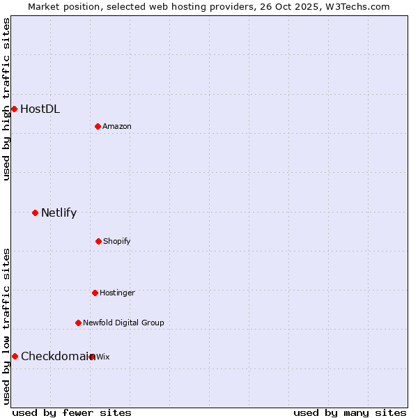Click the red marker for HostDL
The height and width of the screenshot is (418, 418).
tap(14, 109)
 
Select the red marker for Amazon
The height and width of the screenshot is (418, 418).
tap(98, 126)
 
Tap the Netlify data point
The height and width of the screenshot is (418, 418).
tap(35, 212)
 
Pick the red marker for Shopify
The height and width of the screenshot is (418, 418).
tap(98, 241)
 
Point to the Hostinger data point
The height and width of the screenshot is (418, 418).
tap(95, 293)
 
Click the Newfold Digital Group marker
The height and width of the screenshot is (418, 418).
tap(78, 323)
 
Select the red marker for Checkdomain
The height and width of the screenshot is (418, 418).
tap(15, 356)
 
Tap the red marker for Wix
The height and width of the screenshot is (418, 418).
tap(92, 357)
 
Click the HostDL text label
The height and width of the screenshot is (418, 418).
tap(40, 109)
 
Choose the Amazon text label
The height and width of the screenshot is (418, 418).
tap(117, 126)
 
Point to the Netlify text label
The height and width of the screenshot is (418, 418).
tap(59, 212)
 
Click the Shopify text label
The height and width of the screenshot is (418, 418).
tap(117, 241)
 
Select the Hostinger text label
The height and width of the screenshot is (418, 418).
tap(117, 293)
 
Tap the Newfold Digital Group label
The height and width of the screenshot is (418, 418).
tap(123, 323)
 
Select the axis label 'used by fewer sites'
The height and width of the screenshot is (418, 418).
tap(72, 412)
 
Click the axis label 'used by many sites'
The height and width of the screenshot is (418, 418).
tap(350, 412)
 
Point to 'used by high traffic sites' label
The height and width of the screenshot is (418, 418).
tap(6, 99)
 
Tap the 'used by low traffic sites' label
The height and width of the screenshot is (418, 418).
tap(6, 326)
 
